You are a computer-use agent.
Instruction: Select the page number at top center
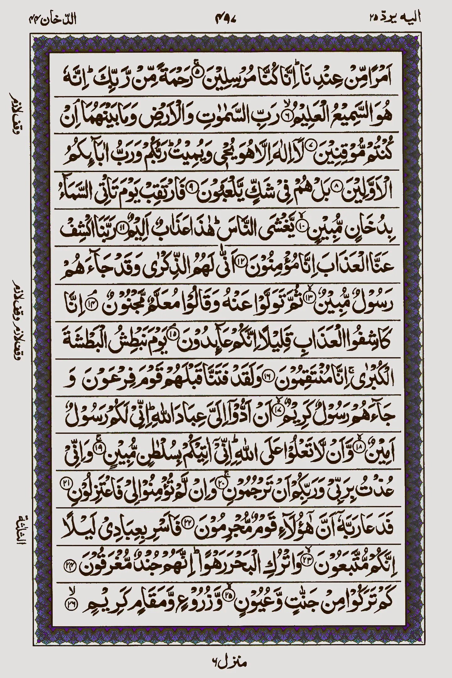pyautogui.click(x=226, y=19)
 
